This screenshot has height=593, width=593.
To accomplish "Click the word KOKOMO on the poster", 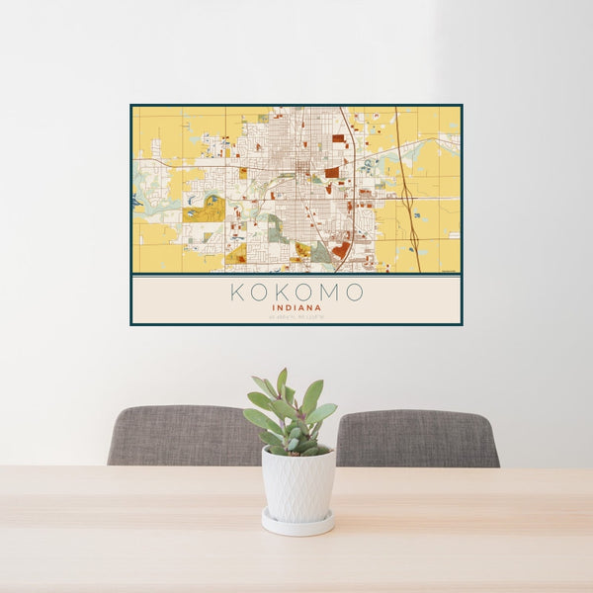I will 296,293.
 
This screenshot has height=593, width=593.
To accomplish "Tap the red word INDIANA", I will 296,307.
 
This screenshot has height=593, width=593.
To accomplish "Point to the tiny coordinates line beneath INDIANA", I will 296,316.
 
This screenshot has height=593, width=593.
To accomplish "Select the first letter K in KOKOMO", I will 237,293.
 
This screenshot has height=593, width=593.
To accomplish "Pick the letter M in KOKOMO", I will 333,293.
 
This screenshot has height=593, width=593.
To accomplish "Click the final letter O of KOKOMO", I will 356,293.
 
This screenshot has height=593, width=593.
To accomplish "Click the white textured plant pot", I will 297,484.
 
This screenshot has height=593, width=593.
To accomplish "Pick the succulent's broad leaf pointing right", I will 322,413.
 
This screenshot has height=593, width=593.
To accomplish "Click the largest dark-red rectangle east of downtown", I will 332,172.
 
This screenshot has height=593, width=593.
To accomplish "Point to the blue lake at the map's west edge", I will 134,201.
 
